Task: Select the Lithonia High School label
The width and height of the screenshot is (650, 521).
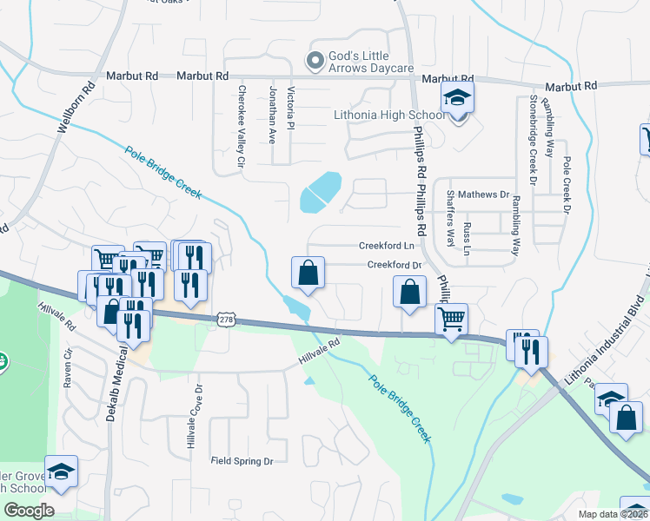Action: pos(389,115)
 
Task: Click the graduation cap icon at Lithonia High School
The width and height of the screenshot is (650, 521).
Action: pos(456,101)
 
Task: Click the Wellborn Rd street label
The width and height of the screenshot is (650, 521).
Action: pos(75,108)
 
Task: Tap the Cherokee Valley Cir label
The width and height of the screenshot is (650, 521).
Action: pos(242,125)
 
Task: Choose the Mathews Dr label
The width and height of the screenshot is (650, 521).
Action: pos(483,195)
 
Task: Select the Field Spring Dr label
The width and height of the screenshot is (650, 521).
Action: pos(242,461)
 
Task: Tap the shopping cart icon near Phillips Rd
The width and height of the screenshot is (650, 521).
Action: pos(451,320)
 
